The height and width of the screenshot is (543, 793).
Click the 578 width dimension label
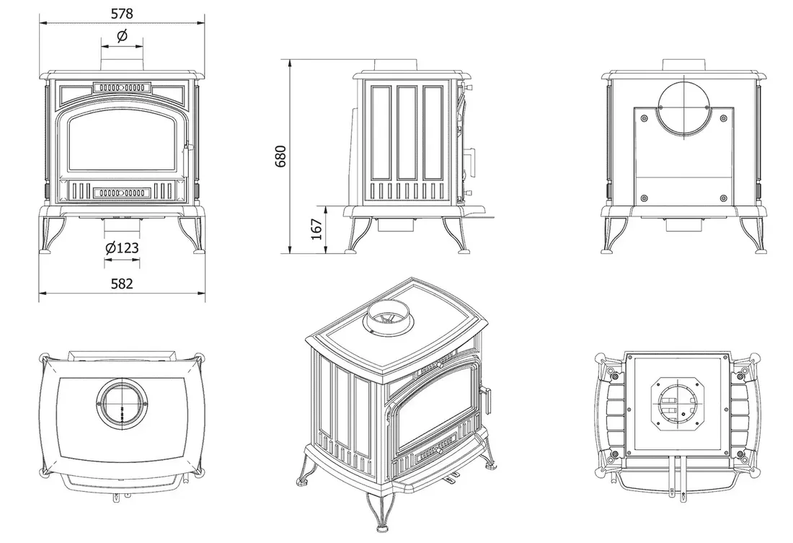point(121,14)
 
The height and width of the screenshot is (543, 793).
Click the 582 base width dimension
point(122,283)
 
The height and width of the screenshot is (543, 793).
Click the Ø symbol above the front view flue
point(121,35)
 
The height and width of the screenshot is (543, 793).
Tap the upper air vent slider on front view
point(121,87)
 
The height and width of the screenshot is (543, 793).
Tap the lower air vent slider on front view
point(121,193)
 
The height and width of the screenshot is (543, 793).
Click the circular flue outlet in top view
point(122,405)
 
